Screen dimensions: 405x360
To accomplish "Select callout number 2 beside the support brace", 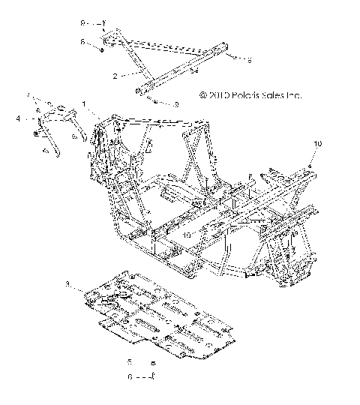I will pos(114,76).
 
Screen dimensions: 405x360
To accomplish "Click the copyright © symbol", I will pos(202,96).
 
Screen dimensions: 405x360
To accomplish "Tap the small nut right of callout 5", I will pos(153,362).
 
